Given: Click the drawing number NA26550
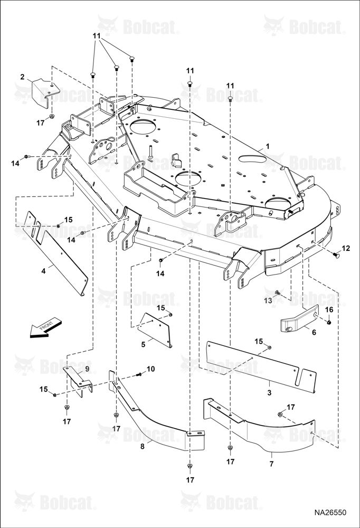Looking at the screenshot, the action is click(330, 512).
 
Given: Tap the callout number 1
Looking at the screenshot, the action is click(268, 146).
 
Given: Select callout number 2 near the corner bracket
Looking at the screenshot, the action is click(22, 77).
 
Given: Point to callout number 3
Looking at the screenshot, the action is click(269, 393).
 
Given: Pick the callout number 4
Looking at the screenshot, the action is click(43, 270).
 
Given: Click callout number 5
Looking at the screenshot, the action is click(143, 344).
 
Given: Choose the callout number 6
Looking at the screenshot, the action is click(314, 332).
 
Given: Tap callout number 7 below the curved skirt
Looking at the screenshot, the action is click(271, 464).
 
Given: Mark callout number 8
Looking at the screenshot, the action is click(142, 446).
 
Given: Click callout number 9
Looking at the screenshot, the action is click(87, 369).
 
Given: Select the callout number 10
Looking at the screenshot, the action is click(150, 369).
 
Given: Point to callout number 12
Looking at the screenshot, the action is click(346, 248).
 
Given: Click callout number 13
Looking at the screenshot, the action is click(268, 300).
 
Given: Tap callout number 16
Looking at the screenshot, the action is click(329, 309).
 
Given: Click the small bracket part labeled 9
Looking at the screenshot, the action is click(79, 381).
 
